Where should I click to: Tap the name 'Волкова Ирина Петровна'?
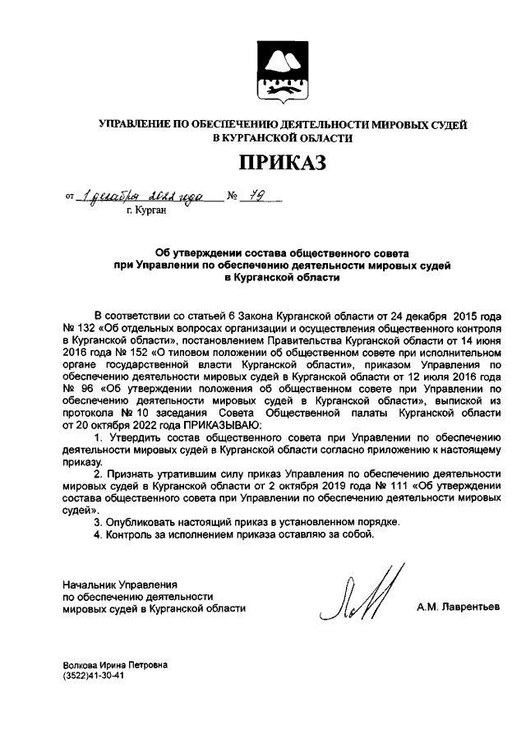[114, 664]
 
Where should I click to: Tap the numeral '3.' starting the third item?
[98, 522]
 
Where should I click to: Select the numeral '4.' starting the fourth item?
[98, 534]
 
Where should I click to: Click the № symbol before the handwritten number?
[233, 197]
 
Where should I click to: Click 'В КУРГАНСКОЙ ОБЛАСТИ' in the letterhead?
[282, 138]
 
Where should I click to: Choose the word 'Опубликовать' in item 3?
[141, 522]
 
